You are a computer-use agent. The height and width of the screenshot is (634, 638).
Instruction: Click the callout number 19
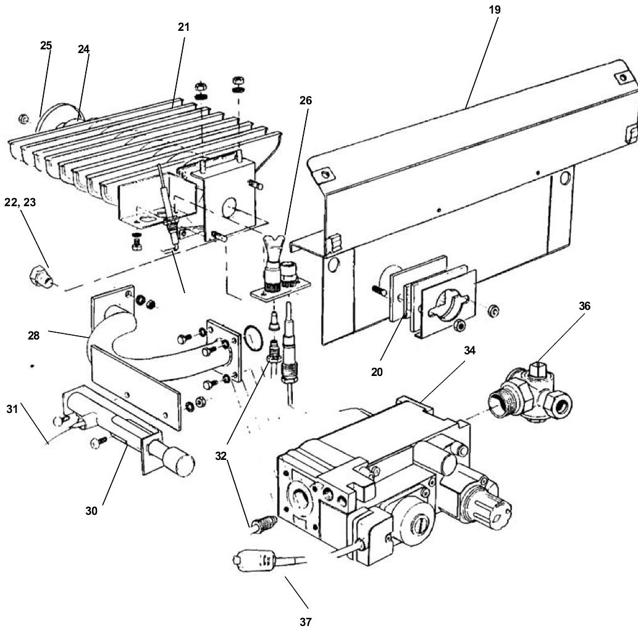(494, 10)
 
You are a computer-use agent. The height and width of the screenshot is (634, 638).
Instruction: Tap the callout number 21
(183, 27)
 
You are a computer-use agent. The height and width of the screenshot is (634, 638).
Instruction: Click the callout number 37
(305, 622)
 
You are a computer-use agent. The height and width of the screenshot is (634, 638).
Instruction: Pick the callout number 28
(33, 336)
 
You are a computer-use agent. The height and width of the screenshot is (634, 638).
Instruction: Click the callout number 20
(377, 372)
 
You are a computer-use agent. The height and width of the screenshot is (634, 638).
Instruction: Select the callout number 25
(46, 45)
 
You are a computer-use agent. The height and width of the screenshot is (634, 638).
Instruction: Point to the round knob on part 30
(179, 460)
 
